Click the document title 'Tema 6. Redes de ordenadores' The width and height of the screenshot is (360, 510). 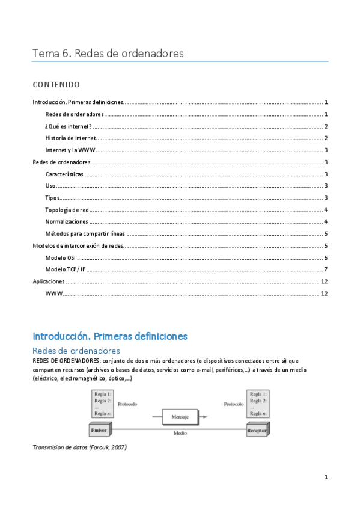click(108, 54)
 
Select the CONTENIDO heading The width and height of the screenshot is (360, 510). click(56, 84)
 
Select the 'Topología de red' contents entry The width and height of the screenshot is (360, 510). click(67, 210)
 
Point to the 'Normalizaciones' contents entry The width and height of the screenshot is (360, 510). click(66, 222)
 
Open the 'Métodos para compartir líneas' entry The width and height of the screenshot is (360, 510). click(85, 234)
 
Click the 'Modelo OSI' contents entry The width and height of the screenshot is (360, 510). click(60, 258)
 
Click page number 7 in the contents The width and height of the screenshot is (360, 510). click(325, 269)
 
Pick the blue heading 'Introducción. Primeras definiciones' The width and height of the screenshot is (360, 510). click(110, 336)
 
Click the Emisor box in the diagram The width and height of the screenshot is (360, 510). click(99, 430)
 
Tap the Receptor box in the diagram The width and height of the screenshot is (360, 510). click(257, 430)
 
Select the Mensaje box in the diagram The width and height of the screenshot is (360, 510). click(179, 416)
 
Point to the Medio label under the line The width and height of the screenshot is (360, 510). click(180, 433)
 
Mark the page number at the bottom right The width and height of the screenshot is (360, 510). click(326, 478)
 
